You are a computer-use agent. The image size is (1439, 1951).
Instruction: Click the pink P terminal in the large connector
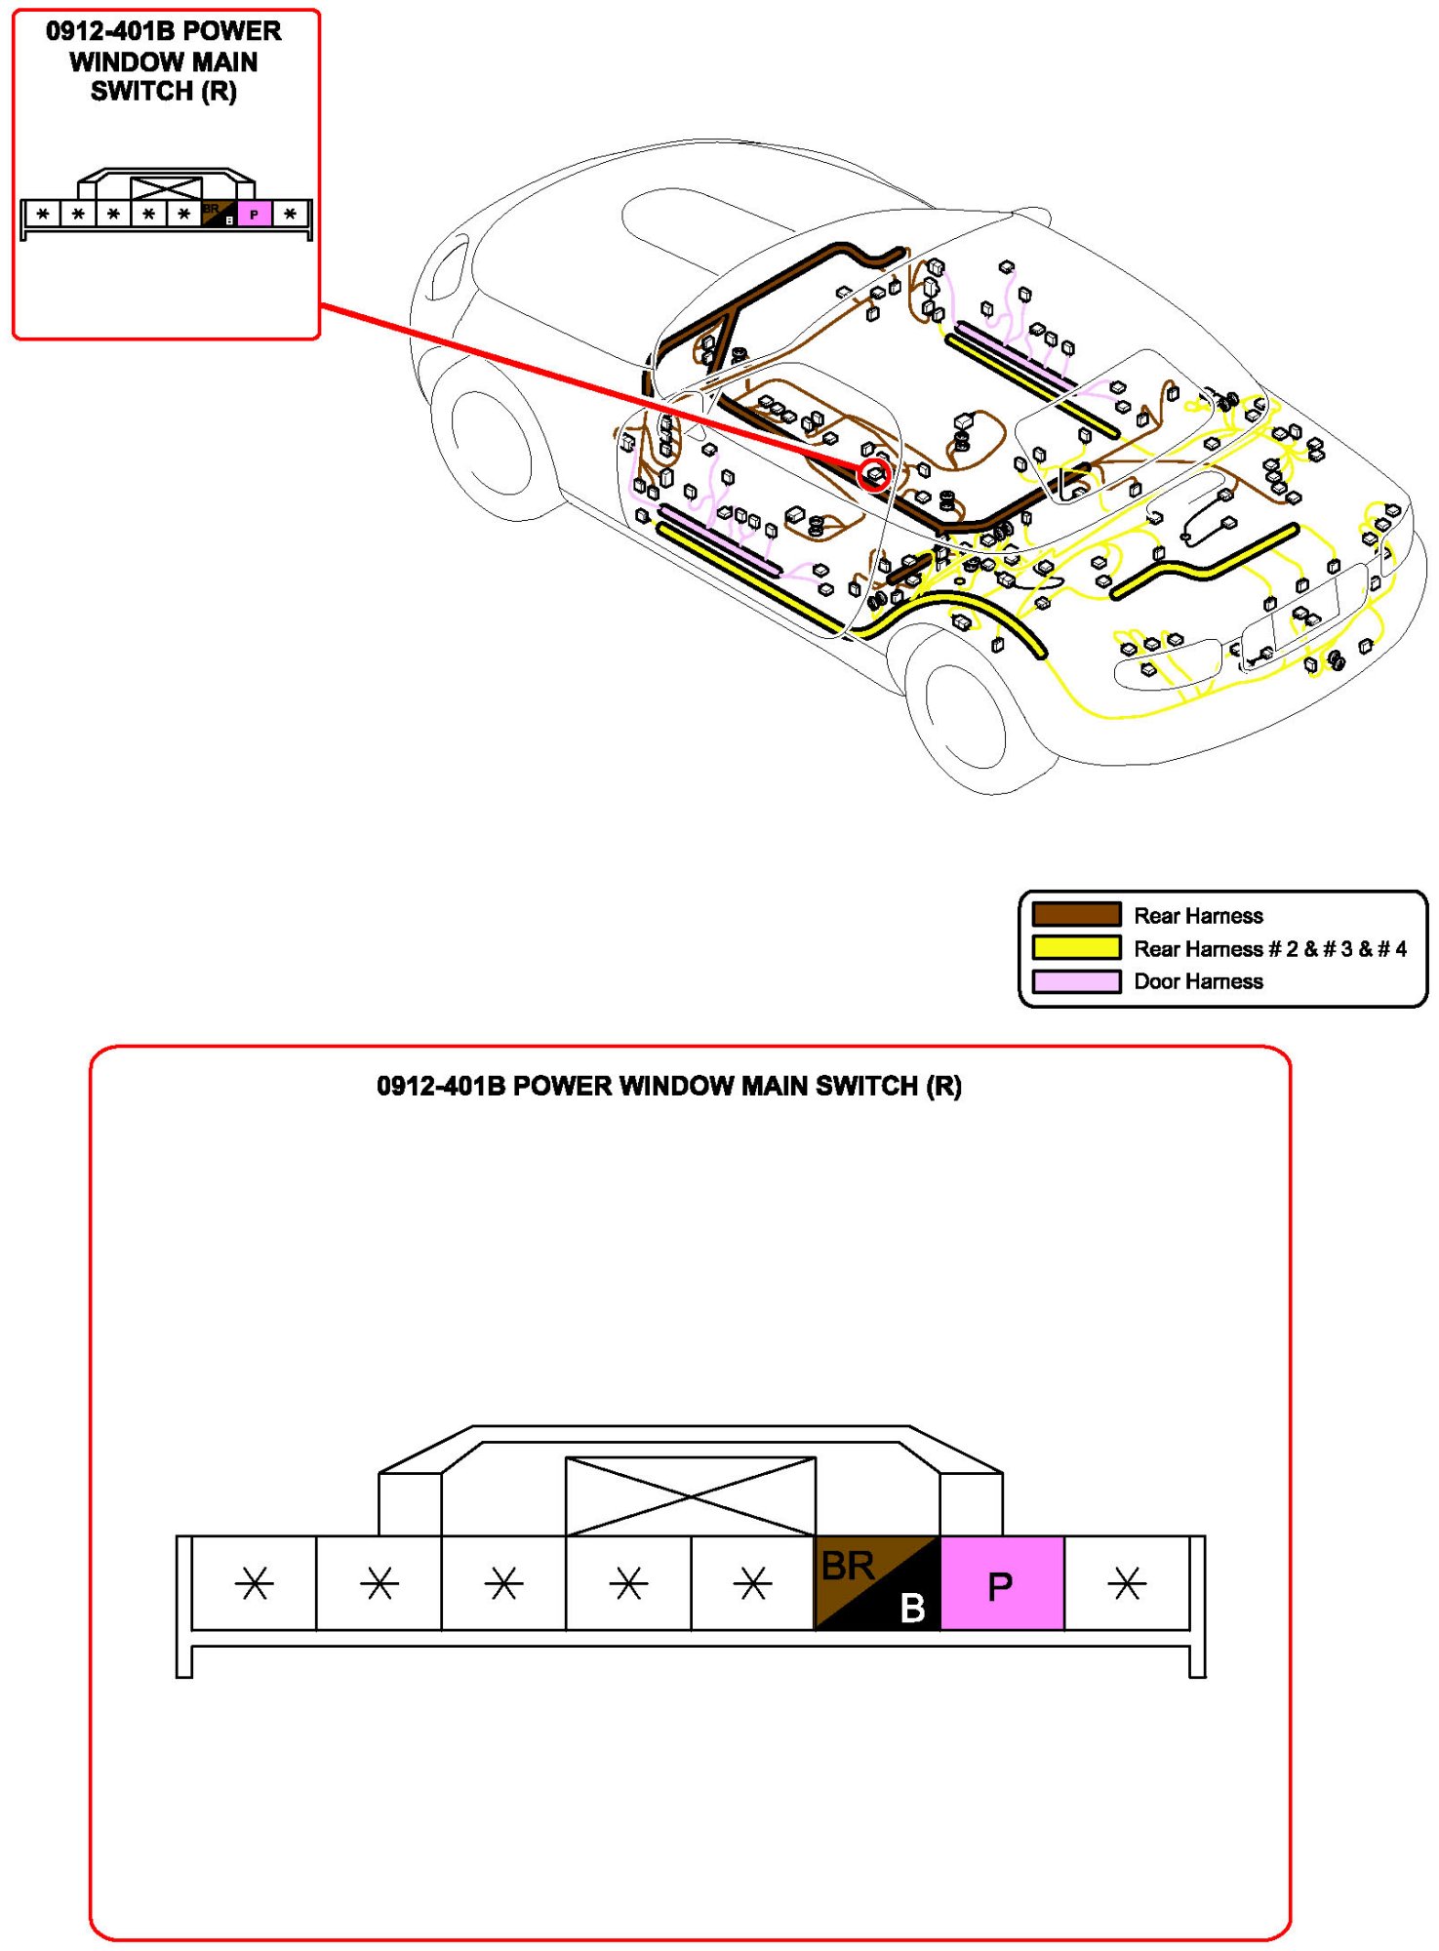tap(1002, 1583)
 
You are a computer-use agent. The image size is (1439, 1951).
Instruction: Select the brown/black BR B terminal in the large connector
tap(877, 1583)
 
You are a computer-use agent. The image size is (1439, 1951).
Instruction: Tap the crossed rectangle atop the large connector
tap(691, 1496)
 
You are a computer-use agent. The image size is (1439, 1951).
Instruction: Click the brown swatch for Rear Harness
tap(1076, 915)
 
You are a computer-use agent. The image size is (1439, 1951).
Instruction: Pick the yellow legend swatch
tap(1076, 948)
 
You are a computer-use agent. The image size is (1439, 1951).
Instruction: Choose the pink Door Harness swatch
tap(1076, 981)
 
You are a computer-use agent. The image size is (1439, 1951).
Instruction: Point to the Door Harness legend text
tap(1198, 981)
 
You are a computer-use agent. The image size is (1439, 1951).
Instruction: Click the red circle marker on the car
tap(874, 475)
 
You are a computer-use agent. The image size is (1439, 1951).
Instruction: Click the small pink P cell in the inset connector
tap(254, 214)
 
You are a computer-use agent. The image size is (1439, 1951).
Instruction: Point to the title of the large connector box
tap(669, 1086)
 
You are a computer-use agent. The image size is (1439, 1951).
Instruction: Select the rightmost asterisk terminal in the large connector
tap(1127, 1583)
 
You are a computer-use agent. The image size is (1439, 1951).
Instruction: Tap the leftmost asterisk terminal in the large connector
tap(254, 1583)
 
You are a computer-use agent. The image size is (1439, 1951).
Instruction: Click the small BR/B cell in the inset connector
tap(219, 214)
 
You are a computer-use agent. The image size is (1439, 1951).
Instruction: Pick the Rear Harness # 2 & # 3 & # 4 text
tap(1270, 948)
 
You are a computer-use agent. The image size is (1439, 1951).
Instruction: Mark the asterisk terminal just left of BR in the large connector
tap(753, 1583)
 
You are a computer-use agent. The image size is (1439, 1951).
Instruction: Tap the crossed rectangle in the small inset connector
tap(166, 189)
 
